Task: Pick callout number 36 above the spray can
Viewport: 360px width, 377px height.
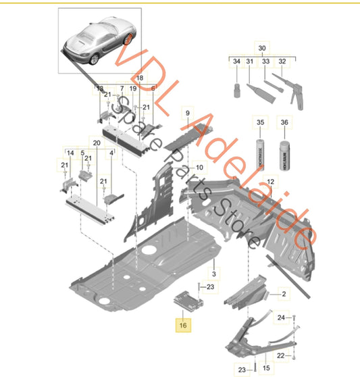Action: coord(284,122)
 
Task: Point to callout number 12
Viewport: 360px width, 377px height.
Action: coord(271,182)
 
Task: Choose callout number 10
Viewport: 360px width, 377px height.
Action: coord(199,167)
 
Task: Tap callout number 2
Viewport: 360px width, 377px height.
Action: coord(284,294)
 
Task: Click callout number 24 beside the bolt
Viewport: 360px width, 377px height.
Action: coord(299,317)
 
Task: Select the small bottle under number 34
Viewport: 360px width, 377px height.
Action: coord(236,89)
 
